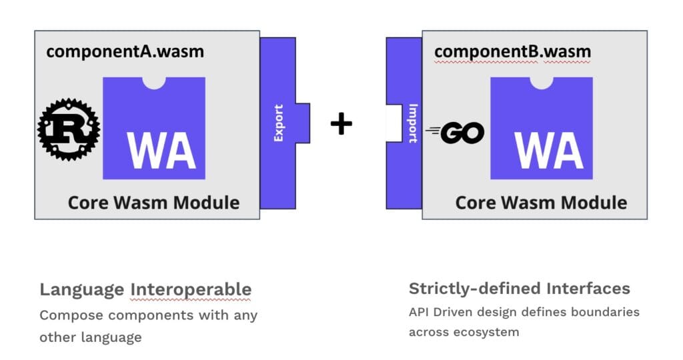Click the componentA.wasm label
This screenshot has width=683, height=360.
(x=125, y=51)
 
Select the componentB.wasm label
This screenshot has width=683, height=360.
(x=512, y=51)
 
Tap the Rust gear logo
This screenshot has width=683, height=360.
(x=68, y=129)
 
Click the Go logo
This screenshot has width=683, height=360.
(x=455, y=134)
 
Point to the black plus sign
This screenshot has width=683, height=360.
(x=341, y=123)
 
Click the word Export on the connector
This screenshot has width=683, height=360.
(x=279, y=123)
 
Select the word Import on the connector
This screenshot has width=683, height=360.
(x=412, y=123)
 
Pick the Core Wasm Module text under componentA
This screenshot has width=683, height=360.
(x=153, y=202)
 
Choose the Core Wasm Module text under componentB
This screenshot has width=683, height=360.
(x=541, y=202)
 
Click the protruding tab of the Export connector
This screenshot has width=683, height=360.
(x=303, y=123)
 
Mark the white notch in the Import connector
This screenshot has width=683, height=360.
(x=394, y=123)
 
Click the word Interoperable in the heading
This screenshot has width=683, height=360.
(x=191, y=289)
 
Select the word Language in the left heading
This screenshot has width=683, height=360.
(x=81, y=289)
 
